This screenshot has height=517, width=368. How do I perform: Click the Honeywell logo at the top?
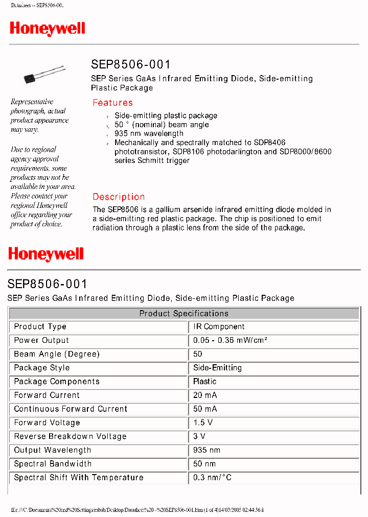[x=48, y=29]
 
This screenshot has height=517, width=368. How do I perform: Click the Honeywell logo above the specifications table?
[x=45, y=254]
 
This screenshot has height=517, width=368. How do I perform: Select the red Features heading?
[x=112, y=103]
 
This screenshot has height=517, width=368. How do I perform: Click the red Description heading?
[x=119, y=197]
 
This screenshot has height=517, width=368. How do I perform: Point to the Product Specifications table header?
[x=184, y=313]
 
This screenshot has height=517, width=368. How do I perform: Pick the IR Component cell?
[x=219, y=327]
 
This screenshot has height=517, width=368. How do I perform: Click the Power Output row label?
[x=41, y=340]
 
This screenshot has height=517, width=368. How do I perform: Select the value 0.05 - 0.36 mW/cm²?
[x=231, y=340]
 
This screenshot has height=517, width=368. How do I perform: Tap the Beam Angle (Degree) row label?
[x=57, y=354]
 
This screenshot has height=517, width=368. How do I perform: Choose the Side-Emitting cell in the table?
[x=217, y=368]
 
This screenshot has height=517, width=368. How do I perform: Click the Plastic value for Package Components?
[x=204, y=382]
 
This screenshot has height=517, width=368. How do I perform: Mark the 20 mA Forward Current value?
[x=205, y=395]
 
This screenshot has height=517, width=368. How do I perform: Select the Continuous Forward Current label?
[x=71, y=409]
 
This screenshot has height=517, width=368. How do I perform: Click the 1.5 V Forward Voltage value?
[x=203, y=423]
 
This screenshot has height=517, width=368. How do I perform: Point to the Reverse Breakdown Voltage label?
[x=70, y=437]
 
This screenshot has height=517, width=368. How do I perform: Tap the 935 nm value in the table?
[x=206, y=451]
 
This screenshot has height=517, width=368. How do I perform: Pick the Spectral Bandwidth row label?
[x=53, y=464]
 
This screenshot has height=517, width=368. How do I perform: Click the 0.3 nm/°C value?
[x=212, y=478]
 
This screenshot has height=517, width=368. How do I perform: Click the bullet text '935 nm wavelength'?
[x=149, y=134]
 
